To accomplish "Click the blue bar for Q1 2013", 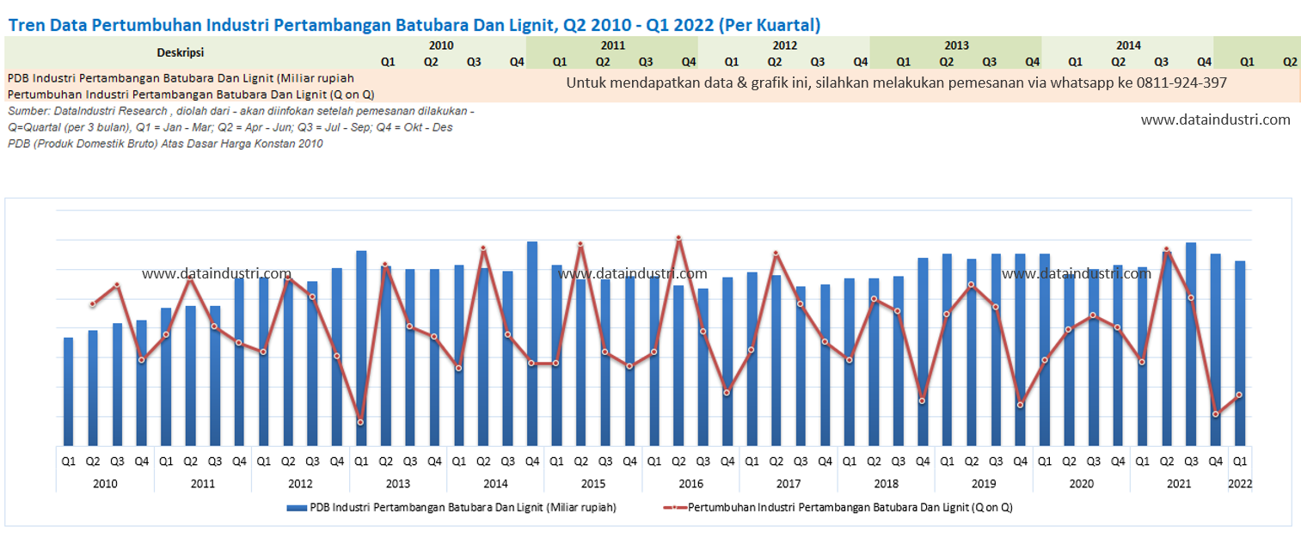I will pos(361,347).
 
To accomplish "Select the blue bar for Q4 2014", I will pos(532,343).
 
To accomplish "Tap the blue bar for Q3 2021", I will pos(1191,344).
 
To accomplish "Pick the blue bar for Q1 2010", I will pos(69,391).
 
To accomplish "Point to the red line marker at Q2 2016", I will pos(678,238).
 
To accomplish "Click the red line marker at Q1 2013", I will pos(361,422).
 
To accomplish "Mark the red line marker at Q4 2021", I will pos(1216,414).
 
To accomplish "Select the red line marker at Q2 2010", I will pos(93,304).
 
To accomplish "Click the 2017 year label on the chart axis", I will pos(789,484).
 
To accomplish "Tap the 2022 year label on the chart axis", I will pos(1240,484).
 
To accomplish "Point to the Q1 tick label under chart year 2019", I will pos(947,462).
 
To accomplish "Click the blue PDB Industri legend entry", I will pos(451,508).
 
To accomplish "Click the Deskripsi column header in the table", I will pos(181,52).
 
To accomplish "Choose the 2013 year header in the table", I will pos(956,46).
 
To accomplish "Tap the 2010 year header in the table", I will pos(440,46).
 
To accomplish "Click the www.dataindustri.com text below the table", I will pos(1215,120).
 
